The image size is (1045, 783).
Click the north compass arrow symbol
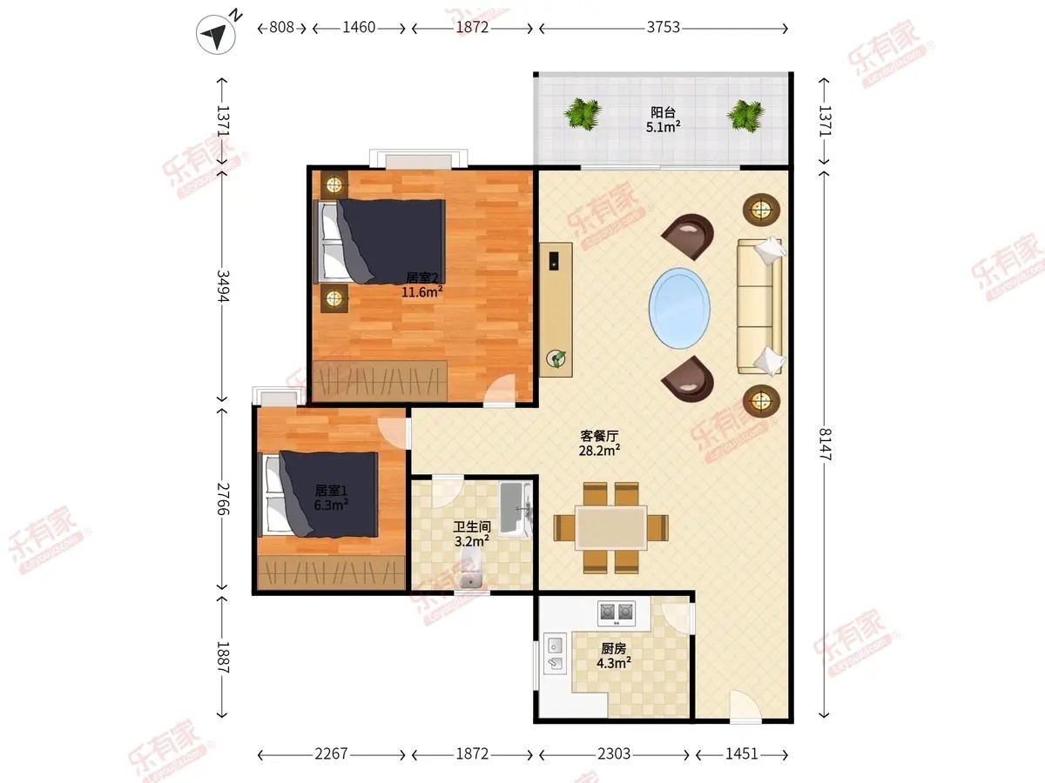pos(216,34)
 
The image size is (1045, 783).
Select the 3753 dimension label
pos(663,28)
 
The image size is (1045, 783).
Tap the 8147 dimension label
pos(825,445)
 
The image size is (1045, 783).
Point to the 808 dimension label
pos(281,28)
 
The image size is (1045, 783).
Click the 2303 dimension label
pos(614,753)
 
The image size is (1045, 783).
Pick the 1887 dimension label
pos(223,658)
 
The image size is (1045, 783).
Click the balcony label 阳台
pos(663,112)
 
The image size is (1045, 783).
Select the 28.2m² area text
pos(599,450)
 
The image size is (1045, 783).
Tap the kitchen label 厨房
pos(613,648)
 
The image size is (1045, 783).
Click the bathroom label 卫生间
pos(471,526)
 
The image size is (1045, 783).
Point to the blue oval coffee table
pos(679,308)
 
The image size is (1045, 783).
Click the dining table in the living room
pos(610,528)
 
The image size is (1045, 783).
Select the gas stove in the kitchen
pos(617,612)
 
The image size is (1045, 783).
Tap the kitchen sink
pos(555,653)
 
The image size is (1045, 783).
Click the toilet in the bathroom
pos(470,569)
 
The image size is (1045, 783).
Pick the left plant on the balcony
pos(582,114)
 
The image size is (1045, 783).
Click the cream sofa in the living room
pos(760,306)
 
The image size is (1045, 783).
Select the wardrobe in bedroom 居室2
pos(380,381)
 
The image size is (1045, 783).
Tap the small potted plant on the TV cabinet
pos(556,358)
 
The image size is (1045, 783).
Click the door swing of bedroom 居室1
pos(394,432)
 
